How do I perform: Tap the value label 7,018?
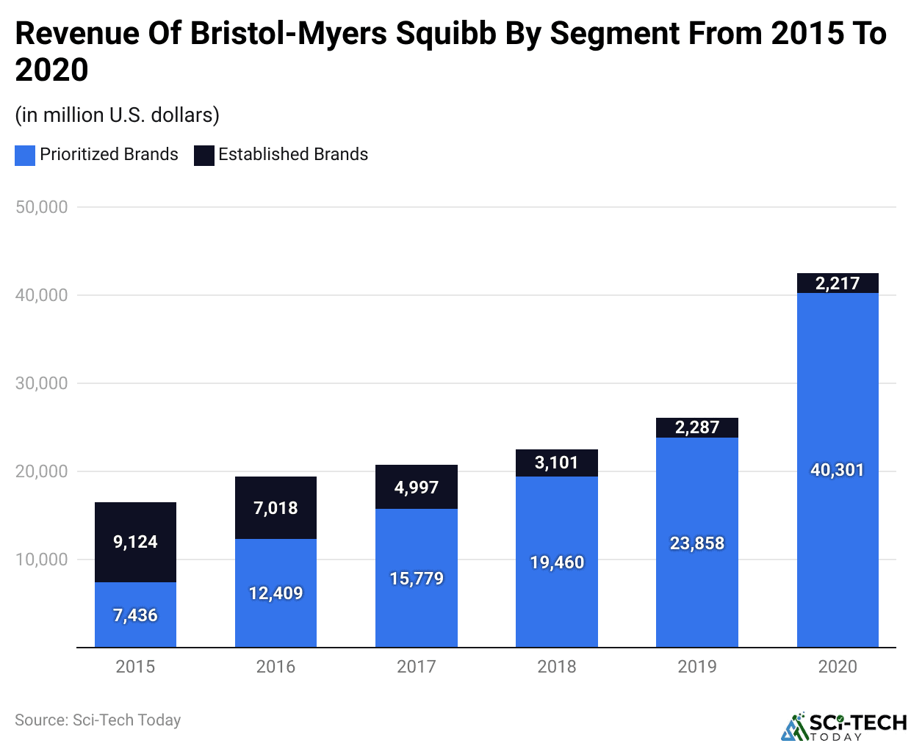coord(276,508)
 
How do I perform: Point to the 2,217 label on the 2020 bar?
coord(838,283)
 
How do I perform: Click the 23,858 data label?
coord(697,543)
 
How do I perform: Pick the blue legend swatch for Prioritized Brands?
coord(25,155)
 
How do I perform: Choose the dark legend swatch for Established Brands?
coord(204,155)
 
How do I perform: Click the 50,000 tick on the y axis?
coord(42,207)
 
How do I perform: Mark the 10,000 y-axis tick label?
coord(42,559)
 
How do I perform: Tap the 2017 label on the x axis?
coord(417,667)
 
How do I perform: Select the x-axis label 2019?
coord(697,667)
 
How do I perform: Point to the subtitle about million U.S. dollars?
coord(118,115)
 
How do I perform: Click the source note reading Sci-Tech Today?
coord(98,720)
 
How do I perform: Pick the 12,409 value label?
coord(276,593)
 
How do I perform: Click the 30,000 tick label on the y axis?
coord(42,383)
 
